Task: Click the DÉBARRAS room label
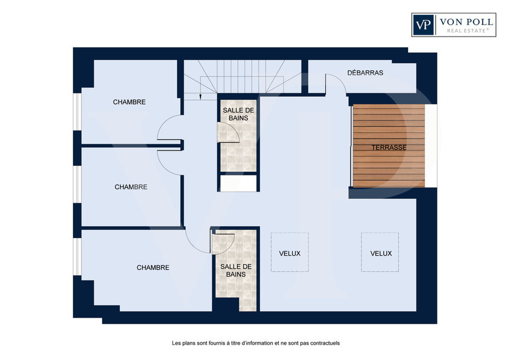[x=365, y=73]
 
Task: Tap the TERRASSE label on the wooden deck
[x=389, y=148]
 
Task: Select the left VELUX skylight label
[x=289, y=254]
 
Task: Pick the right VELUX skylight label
[x=381, y=254]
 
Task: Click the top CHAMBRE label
[x=129, y=102]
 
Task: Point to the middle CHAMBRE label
[x=131, y=187]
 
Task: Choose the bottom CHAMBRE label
[x=153, y=267]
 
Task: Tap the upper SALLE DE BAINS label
[x=238, y=114]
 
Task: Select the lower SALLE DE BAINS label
[x=236, y=271]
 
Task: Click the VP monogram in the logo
[x=423, y=25]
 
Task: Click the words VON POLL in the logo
[x=466, y=22]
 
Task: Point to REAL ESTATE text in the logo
[x=468, y=30]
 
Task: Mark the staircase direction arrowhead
[x=200, y=97]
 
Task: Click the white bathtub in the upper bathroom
[x=238, y=184]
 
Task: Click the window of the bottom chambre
[x=77, y=257]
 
